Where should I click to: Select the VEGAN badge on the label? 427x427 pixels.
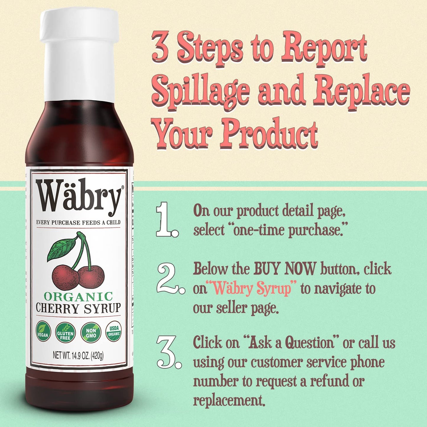(x=43, y=331)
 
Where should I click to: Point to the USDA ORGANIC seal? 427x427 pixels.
(x=114, y=331)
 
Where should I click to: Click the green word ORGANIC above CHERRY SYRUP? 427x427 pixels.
(x=78, y=296)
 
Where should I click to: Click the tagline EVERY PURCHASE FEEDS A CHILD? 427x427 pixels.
(x=78, y=223)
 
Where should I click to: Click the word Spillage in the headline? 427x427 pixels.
(x=201, y=90)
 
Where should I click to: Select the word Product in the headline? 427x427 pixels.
(x=268, y=133)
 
